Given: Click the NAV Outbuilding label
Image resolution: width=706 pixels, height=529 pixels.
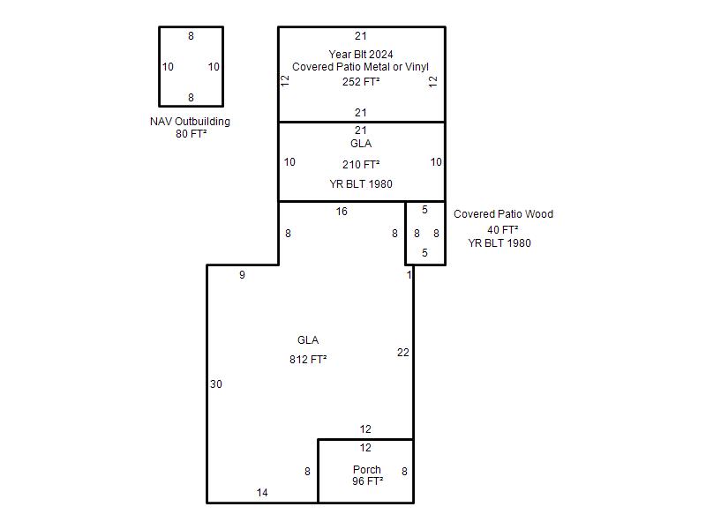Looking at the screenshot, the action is click(190, 122).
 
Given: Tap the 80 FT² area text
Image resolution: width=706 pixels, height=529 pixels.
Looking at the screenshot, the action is click(191, 134).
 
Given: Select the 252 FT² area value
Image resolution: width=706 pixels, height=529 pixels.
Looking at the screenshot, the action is click(361, 81).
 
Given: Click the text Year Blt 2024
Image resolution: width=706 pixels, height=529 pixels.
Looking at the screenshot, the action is click(361, 55).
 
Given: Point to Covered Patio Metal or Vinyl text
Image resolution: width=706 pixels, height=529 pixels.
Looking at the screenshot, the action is click(360, 67).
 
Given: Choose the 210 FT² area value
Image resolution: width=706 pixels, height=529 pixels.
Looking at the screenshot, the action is click(361, 165).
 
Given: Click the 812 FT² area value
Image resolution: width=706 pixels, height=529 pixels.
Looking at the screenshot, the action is click(308, 360).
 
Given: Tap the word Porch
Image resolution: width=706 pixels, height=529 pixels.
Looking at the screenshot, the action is click(367, 470).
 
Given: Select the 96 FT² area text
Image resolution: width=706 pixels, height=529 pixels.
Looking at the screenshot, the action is click(367, 481).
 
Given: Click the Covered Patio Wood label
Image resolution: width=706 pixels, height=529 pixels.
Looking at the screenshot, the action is click(503, 214).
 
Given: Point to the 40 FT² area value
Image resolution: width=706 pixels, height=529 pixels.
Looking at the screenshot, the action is click(502, 230).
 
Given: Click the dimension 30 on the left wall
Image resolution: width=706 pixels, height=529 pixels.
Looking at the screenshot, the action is click(216, 384).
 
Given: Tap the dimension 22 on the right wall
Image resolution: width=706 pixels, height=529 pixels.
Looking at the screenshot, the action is click(403, 353).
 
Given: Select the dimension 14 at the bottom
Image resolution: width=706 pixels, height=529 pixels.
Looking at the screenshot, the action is click(262, 493).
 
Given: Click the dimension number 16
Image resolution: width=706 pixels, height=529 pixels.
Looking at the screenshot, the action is click(342, 212).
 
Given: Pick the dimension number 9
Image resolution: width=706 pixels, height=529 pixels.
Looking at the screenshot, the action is click(242, 275).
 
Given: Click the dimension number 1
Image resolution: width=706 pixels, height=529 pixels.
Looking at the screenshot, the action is click(409, 275).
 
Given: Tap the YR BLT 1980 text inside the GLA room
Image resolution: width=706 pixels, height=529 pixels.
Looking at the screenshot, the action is click(361, 184).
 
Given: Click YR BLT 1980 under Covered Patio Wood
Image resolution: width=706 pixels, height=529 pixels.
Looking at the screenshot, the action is click(499, 243).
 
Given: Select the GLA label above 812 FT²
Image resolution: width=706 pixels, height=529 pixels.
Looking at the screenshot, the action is click(308, 340).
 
